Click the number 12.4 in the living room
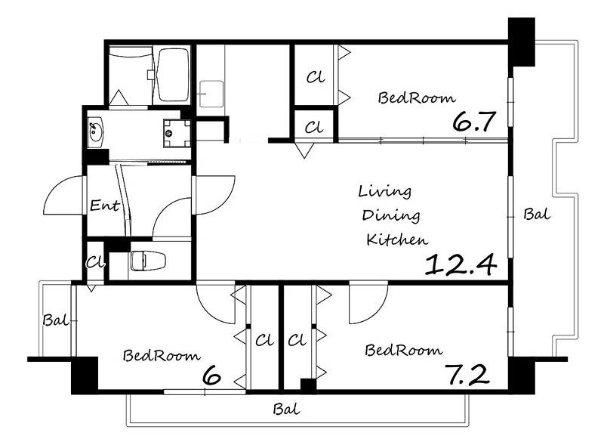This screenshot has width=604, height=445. (x=461, y=264)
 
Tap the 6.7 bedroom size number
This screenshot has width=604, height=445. (x=473, y=122)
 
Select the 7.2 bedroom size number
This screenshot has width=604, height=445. (x=467, y=375)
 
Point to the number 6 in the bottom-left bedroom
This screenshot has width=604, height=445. (x=211, y=375)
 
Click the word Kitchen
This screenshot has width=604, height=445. (x=397, y=239)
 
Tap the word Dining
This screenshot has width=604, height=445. (x=391, y=216)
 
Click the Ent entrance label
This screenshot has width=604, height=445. (x=104, y=205)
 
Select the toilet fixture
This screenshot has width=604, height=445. (x=148, y=261)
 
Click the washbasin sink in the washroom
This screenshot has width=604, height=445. (x=95, y=132)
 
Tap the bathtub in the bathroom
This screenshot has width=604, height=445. (x=174, y=75)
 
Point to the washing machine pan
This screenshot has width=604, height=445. (x=177, y=134)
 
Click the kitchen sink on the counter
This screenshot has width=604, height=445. (x=211, y=94)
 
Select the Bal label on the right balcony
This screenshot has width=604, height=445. (x=537, y=214)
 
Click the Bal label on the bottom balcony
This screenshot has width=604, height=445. (x=286, y=409)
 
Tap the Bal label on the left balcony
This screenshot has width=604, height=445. (x=55, y=320)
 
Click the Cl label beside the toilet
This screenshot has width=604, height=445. (x=95, y=262)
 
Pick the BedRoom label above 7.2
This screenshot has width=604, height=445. (x=403, y=350)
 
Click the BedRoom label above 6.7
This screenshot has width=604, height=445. (x=417, y=97)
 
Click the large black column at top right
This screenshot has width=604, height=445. (x=522, y=42)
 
